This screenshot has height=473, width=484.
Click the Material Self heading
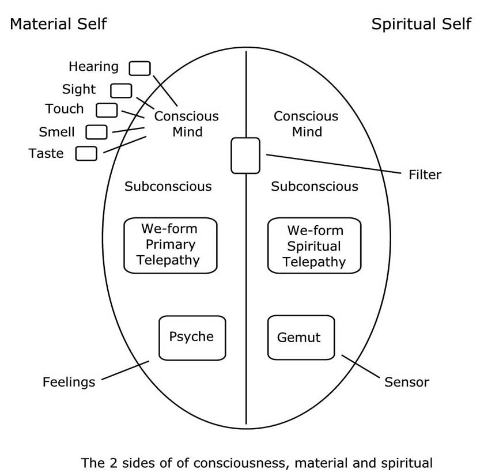coord(58,24)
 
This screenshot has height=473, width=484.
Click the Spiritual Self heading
coord(421,24)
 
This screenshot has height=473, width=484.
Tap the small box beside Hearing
coord(139,69)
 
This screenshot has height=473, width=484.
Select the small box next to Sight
coord(121,90)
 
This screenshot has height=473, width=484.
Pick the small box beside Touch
coord(107,110)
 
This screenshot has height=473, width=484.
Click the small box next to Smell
coord(96,132)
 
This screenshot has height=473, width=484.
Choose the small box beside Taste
coord(86,154)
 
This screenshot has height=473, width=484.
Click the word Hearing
coord(93,67)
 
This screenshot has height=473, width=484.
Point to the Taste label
coord(46,154)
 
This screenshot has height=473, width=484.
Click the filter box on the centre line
coord(245,156)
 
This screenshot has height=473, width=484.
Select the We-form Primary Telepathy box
coord(171,245)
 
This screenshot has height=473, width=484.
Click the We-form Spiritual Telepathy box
coord(315,246)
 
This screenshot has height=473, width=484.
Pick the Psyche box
coord(192,338)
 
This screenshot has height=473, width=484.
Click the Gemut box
coord(301,338)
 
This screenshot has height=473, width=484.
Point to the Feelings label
coord(69,382)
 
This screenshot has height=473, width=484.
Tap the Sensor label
coord(407,382)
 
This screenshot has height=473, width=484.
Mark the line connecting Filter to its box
coord(334,164)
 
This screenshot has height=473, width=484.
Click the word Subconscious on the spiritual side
coord(315,187)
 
